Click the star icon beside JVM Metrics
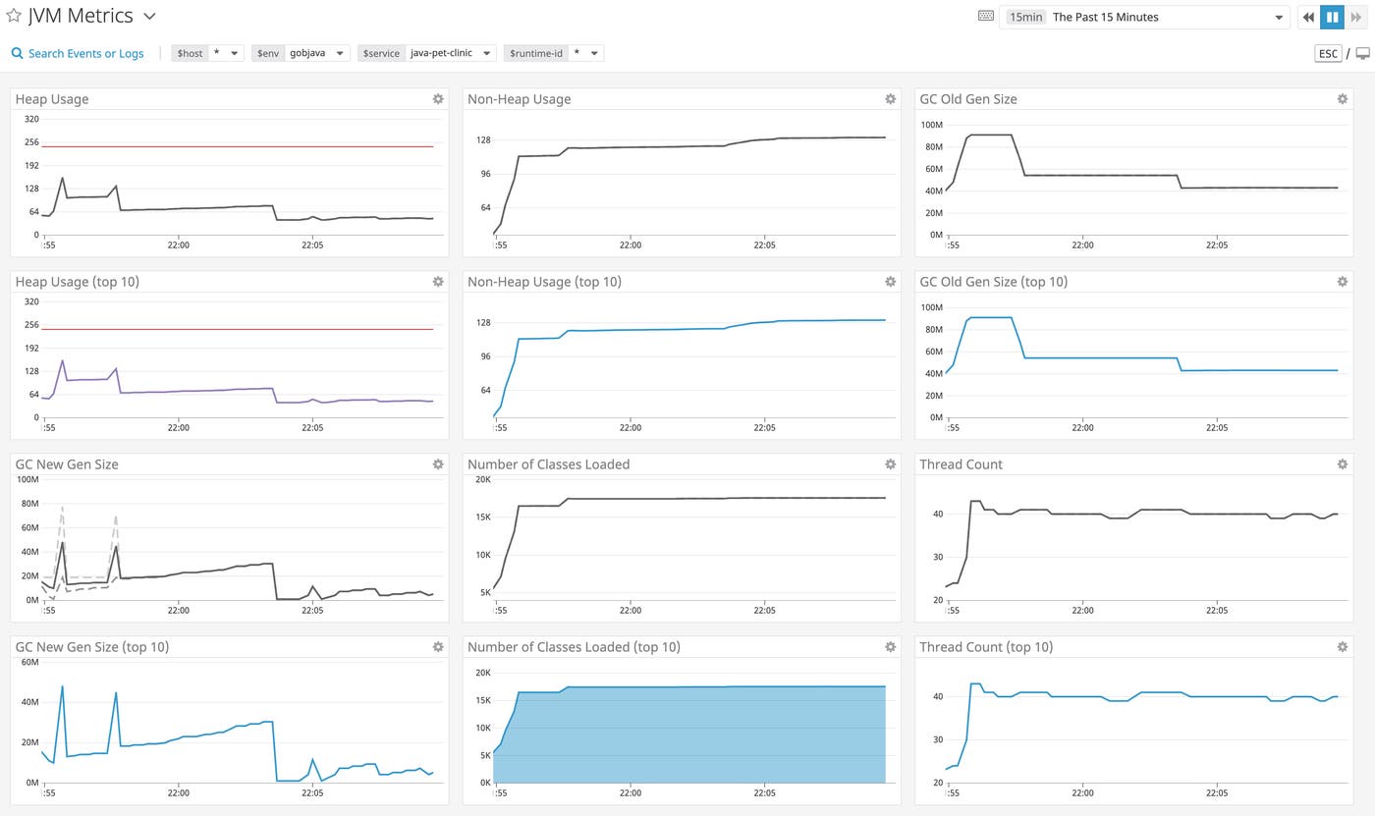14,16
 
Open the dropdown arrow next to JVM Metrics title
149,17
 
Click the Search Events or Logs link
78,53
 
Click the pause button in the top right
1332,17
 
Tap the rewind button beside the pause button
1308,17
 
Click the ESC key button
1328,53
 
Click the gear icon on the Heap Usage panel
438,99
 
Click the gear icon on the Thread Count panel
1342,464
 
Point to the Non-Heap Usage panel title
519,99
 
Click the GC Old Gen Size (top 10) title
993,282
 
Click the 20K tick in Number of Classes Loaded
483,480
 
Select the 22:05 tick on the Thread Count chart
1216,610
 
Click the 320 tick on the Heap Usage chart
31,119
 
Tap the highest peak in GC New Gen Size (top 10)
62,686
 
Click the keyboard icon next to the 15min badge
986,17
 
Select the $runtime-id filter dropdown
554,53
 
